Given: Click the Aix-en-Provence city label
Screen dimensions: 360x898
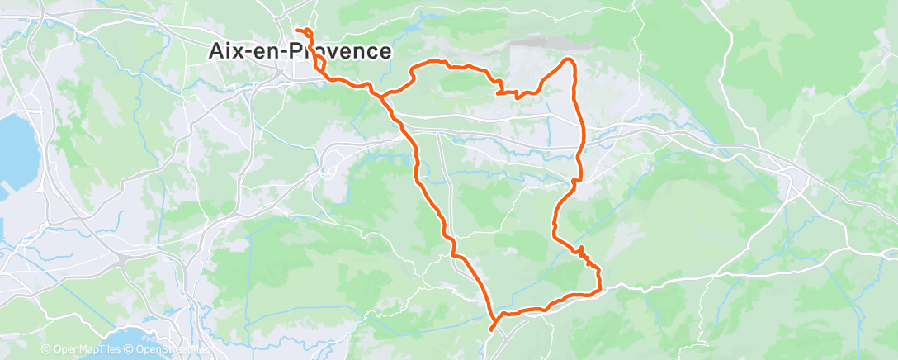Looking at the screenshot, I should click(297, 52).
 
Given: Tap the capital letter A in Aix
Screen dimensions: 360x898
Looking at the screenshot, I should click(213, 52).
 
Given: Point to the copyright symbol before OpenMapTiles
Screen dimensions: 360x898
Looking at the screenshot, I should click(45, 350).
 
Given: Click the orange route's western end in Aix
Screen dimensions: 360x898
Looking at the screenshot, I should click(295, 31).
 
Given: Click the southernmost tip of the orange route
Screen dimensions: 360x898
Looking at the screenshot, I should click(492, 329).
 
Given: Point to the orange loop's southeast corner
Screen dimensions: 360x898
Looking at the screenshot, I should click(598, 287).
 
